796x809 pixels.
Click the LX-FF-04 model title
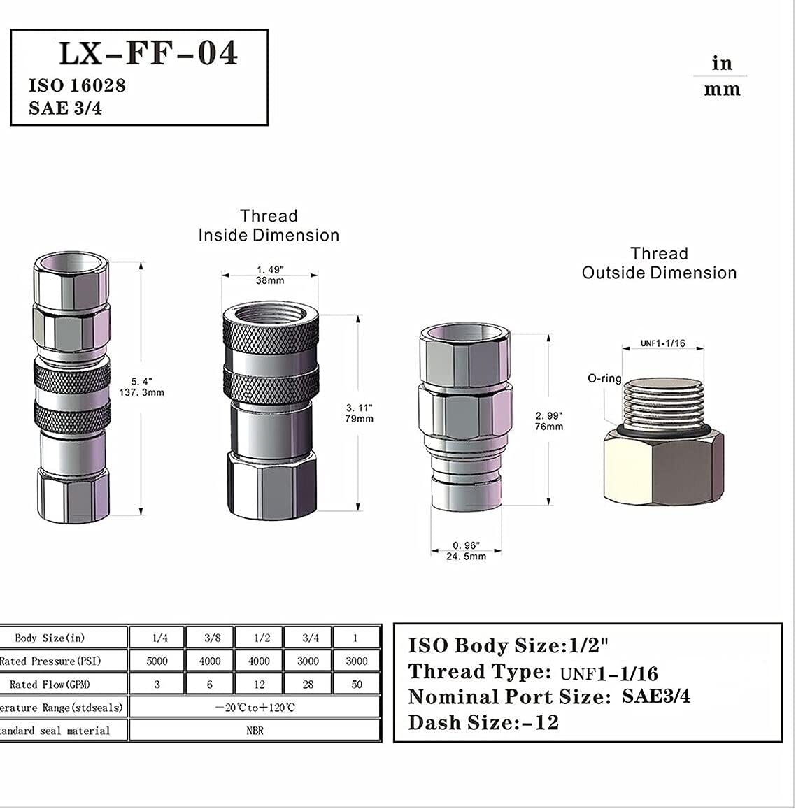coord(148,53)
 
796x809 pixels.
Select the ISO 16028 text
coord(77,85)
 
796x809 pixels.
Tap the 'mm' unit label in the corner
coord(722,90)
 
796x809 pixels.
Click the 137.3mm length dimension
coord(142,392)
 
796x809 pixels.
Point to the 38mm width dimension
coord(270,280)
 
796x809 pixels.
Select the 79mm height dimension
coord(360,419)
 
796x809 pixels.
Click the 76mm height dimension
coord(548,427)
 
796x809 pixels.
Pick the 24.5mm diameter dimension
coord(466,556)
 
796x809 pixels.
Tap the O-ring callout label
coord(604,378)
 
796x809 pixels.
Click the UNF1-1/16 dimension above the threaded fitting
coord(662,343)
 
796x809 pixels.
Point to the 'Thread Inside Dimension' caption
coord(269,226)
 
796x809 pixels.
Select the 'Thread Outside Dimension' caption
coord(659,264)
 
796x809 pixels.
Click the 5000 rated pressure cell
coord(157,661)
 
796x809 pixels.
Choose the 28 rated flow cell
coord(308,684)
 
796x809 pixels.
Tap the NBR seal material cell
coord(255,731)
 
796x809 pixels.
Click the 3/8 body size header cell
coord(209,638)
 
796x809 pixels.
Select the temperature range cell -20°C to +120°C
coord(255,708)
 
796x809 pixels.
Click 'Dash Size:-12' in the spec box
coord(483,723)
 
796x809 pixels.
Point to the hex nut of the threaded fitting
coord(663,466)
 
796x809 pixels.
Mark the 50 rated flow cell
coord(357,684)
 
